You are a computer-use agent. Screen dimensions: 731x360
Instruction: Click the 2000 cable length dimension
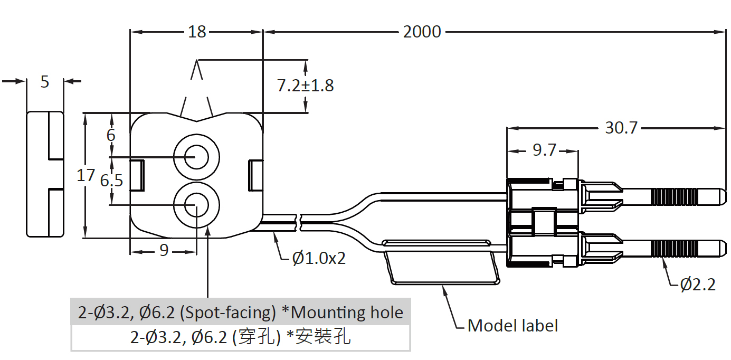[x=422, y=32]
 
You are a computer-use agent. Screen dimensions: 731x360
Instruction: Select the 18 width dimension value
[x=197, y=32]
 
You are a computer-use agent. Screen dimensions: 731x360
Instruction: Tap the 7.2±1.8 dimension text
[x=306, y=86]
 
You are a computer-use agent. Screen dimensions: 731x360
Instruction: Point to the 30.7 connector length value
[x=621, y=128]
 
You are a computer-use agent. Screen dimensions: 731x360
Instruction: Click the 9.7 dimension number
[x=544, y=150]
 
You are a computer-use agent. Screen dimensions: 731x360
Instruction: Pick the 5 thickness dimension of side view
[x=45, y=82]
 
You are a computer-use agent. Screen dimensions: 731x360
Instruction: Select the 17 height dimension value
[x=86, y=175]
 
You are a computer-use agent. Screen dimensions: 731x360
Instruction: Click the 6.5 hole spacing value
[x=111, y=181]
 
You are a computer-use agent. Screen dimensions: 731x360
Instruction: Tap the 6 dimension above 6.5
[x=111, y=135]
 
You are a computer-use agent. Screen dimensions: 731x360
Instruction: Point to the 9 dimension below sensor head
[x=164, y=250]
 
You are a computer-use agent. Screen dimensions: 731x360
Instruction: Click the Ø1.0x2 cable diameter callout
[x=319, y=258]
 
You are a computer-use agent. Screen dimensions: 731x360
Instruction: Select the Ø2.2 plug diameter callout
[x=698, y=285]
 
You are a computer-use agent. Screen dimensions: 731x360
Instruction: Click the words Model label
[x=512, y=325]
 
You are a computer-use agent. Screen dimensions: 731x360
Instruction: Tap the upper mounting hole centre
[x=196, y=157]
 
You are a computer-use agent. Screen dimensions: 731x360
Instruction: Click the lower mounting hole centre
[x=196, y=205]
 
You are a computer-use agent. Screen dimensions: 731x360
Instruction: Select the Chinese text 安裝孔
[x=322, y=336]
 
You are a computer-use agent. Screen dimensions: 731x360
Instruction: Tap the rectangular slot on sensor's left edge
[x=137, y=175]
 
